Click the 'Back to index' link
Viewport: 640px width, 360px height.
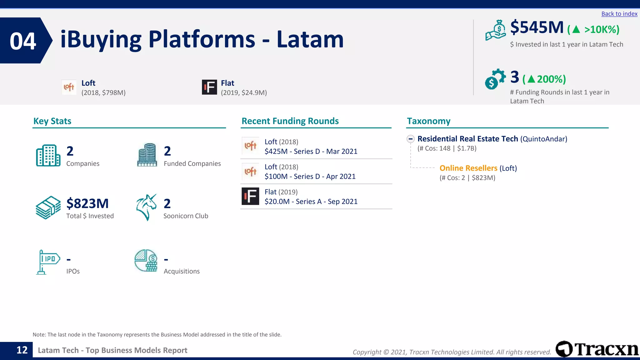(619, 14)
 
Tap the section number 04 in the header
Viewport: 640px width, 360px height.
(23, 41)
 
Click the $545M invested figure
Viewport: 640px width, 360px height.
(537, 27)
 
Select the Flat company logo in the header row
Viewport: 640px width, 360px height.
(209, 87)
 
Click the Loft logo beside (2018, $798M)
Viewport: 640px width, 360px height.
(69, 87)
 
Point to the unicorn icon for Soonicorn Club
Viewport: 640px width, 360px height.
(146, 207)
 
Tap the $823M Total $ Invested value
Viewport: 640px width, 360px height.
(87, 203)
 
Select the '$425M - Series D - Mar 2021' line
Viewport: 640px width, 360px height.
(311, 152)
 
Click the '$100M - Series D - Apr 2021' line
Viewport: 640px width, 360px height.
(310, 177)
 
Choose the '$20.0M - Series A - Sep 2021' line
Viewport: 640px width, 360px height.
(311, 202)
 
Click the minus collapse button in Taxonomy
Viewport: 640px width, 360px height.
(411, 139)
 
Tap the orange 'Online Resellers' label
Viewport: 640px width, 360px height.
(468, 168)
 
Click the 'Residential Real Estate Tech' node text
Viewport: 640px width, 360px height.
(467, 139)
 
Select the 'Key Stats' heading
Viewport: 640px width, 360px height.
(52, 121)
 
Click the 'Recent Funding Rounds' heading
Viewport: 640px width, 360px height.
(290, 121)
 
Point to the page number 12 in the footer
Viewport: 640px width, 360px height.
(22, 350)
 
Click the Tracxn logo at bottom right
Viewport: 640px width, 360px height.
(597, 349)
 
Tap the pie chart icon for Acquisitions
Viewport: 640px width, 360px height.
(146, 261)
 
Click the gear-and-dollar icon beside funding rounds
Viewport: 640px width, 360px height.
(495, 79)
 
